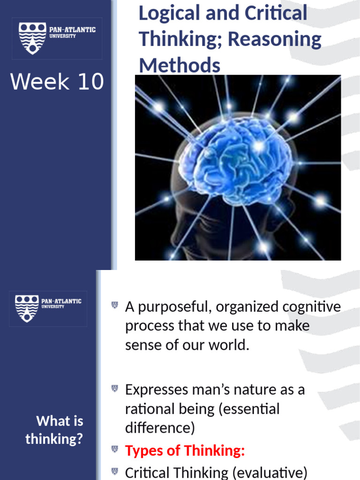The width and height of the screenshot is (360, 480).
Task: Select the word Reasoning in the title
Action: point(275,39)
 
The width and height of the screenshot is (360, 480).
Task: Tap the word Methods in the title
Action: point(180,65)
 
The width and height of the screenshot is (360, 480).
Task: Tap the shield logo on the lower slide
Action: point(27,307)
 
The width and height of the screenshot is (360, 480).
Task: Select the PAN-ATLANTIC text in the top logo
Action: point(73,30)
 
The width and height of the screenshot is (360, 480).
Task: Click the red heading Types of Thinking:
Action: point(185,451)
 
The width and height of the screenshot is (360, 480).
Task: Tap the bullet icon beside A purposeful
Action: point(114,306)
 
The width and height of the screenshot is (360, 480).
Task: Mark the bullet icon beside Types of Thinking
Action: point(114,450)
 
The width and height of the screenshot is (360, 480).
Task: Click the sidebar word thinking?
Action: point(54,439)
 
